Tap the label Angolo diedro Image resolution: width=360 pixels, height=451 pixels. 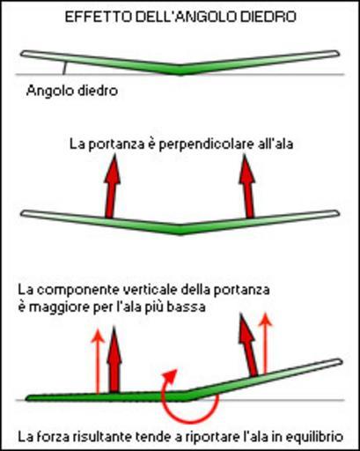[x=72, y=91]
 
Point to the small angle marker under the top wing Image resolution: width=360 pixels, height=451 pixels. [x=64, y=68]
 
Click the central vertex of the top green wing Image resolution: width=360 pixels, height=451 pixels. [x=180, y=72]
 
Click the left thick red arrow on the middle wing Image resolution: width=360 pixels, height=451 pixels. [x=111, y=187]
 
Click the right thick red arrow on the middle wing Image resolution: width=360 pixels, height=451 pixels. [x=247, y=187]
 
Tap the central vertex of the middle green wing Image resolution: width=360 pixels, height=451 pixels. [x=180, y=232]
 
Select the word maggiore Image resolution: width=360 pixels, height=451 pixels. [x=58, y=307]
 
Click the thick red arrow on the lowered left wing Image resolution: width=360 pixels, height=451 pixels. [x=114, y=359]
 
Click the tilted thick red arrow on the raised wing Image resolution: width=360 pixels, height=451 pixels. [x=248, y=345]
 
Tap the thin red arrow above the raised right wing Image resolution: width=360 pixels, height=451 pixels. [x=266, y=344]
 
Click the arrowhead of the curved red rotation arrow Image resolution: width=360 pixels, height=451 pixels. [x=171, y=375]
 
